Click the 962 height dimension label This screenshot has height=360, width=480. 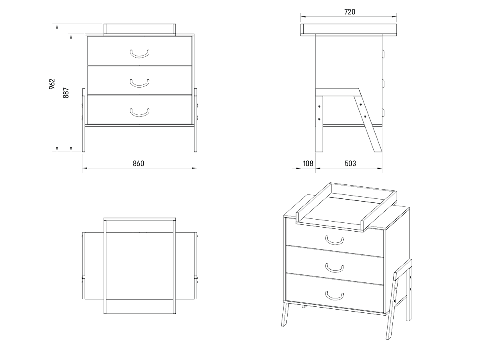tap(52, 84)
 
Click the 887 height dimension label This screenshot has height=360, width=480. tap(66, 93)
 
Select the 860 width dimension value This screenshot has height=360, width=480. tap(138, 164)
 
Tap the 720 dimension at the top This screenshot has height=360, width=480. tap(350, 12)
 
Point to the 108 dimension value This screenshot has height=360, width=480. tap(308, 164)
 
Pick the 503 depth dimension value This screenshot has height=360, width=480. tap(350, 164)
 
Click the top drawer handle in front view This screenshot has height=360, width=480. tap(140, 54)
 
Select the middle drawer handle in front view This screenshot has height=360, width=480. tap(140, 83)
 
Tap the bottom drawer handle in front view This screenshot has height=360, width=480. tap(140, 112)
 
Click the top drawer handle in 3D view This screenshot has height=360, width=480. tap(334, 241)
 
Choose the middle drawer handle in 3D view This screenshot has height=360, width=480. tap(334, 268)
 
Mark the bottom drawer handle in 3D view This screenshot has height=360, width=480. tap(334, 296)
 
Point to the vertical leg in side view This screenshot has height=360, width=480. tap(319, 124)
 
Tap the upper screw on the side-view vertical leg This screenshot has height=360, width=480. tap(319, 106)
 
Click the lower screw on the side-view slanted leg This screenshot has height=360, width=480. tap(365, 116)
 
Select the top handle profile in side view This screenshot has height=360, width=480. tap(383, 54)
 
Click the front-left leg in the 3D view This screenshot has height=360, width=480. tap(285, 314)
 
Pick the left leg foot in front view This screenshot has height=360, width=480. tap(84, 150)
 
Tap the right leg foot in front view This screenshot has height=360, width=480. tap(196, 150)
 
